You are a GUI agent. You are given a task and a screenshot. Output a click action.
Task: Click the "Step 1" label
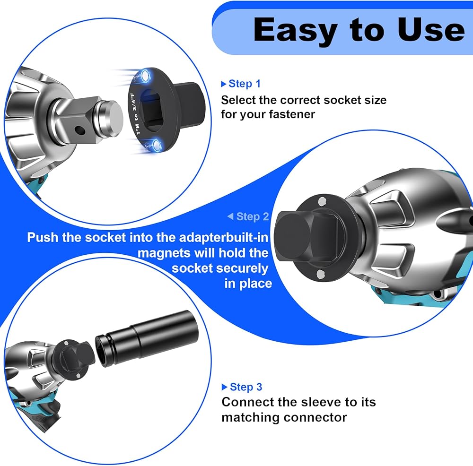245,84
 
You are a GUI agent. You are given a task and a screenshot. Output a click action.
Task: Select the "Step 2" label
253,216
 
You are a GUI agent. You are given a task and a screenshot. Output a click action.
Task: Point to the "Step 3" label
246,387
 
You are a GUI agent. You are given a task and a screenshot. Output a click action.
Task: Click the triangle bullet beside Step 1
224,84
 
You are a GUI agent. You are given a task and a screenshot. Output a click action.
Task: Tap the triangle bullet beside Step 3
224,387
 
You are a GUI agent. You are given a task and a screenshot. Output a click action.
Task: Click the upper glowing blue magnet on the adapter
145,76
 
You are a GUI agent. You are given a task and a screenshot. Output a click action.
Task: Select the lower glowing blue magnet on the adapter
156,145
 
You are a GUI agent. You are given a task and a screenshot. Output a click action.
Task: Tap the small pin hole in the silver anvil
79,130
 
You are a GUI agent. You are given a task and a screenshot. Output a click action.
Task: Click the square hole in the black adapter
153,110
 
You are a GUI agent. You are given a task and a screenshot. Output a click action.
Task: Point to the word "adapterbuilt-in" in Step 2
224,238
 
